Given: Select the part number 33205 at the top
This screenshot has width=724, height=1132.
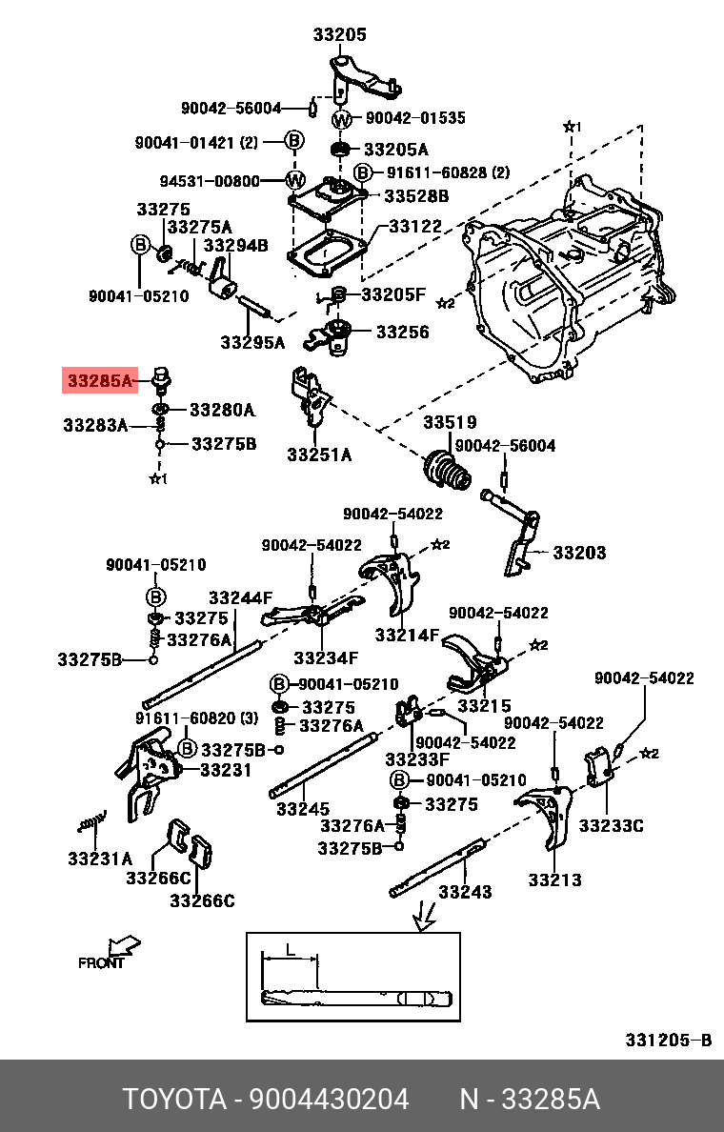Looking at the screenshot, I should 339,35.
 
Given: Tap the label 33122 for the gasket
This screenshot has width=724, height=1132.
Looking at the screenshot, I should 415,226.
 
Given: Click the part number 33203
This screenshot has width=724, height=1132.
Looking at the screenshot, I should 579,553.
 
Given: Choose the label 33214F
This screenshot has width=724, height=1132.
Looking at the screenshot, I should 407,635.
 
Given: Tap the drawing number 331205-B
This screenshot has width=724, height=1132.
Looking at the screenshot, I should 668,1040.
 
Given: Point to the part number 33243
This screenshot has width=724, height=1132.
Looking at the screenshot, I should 465,892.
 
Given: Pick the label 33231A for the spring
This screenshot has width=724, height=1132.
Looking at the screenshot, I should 100,859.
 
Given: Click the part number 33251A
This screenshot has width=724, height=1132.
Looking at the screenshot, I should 319,455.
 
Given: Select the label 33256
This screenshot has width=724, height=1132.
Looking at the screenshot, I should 402,333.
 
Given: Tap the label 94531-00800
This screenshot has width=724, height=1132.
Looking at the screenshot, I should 209,180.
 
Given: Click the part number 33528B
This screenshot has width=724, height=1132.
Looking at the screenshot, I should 415,195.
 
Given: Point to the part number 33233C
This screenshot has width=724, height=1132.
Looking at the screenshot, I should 611,825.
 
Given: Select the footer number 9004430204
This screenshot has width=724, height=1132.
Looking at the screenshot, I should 329,1100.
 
